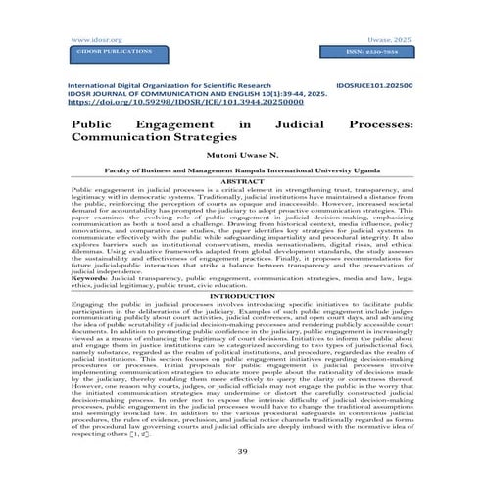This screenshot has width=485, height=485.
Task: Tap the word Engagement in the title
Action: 186,126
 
